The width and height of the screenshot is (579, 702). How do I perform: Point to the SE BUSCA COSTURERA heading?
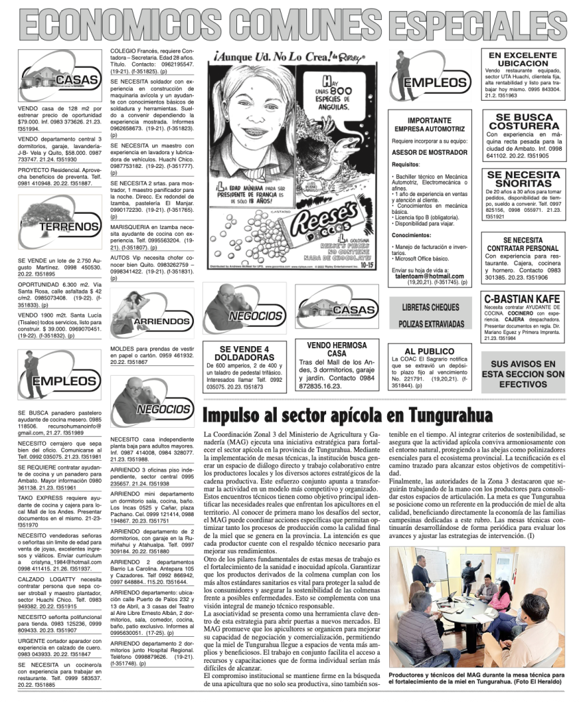click(524, 122)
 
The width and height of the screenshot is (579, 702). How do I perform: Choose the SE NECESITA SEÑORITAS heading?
click(524, 180)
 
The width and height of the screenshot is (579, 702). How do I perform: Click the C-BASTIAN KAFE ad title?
click(522, 299)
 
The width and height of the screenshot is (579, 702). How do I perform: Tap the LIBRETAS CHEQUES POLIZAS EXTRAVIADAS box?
click(430, 315)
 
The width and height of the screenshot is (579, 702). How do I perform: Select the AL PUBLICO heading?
click(430, 351)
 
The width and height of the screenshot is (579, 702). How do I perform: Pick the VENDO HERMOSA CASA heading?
click(336, 350)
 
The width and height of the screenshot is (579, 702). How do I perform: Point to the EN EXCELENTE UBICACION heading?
click(523, 59)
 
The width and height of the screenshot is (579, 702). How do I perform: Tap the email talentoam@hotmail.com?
click(430, 276)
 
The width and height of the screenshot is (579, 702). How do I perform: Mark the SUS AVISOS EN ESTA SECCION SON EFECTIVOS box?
click(523, 374)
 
